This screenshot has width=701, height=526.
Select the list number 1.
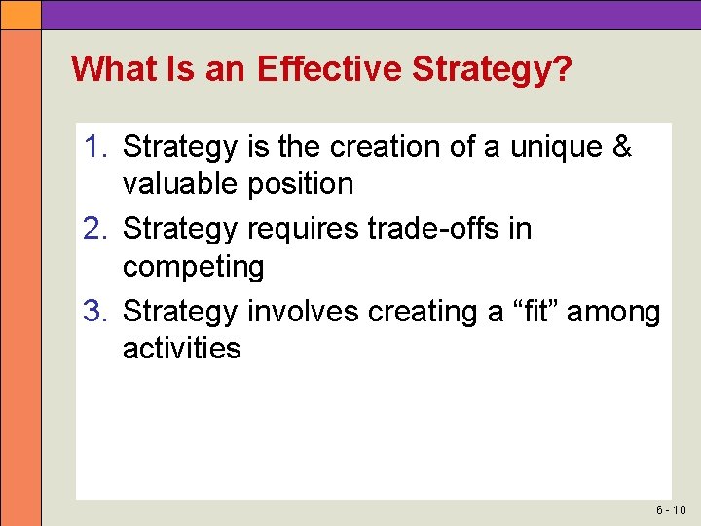pyautogui.click(x=94, y=147)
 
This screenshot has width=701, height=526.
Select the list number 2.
pyautogui.click(x=94, y=229)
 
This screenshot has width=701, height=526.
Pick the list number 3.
pyautogui.click(x=94, y=312)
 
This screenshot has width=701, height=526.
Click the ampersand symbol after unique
pyautogui.click(x=620, y=147)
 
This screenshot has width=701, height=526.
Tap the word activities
pyautogui.click(x=181, y=348)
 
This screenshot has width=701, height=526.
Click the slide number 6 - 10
pyautogui.click(x=672, y=510)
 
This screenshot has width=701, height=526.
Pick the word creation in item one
pyautogui.click(x=386, y=147)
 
